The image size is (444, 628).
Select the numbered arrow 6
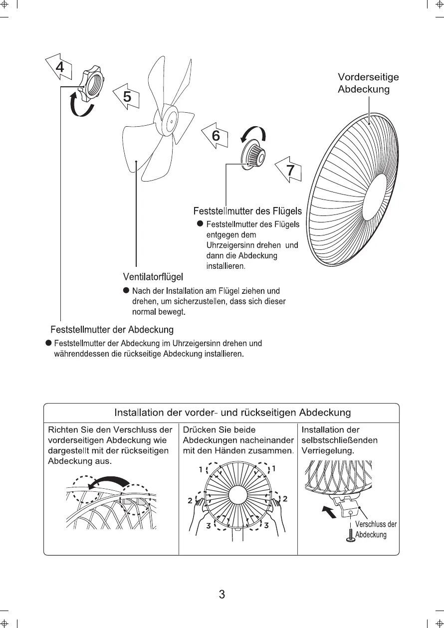pos(215,136)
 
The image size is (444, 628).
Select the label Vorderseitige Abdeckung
pos(368,83)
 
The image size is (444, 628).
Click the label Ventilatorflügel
pos(153,276)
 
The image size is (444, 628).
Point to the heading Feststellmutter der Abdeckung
pos(112,330)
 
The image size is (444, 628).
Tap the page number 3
pos(222,595)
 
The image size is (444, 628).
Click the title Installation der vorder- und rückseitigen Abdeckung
pos(232,413)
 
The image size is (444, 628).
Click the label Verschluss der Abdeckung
pos(375,530)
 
